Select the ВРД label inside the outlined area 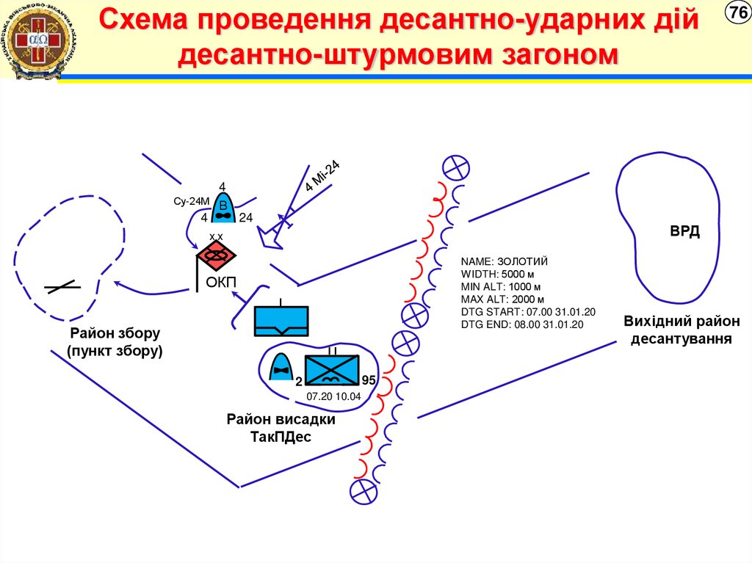tap(684, 232)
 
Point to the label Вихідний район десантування tap(681, 330)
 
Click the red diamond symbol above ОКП tap(216, 255)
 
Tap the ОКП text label tap(220, 283)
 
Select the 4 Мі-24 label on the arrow tap(322, 176)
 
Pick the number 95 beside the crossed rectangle tap(369, 381)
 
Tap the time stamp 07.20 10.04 tap(334, 396)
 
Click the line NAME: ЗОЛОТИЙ tap(505, 261)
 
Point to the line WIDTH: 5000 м tap(502, 274)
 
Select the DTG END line tap(521, 324)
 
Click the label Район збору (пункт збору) tap(115, 342)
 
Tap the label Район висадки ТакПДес tap(281, 428)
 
